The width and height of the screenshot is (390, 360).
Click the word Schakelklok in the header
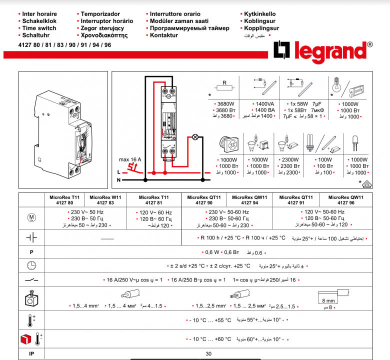(x=39, y=21)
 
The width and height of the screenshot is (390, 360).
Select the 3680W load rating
(x=222, y=103)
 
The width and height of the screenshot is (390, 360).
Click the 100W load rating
(x=324, y=159)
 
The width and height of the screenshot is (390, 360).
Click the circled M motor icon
(x=31, y=218)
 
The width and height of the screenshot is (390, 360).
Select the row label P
(x=31, y=252)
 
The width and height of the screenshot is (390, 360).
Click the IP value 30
(x=208, y=354)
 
